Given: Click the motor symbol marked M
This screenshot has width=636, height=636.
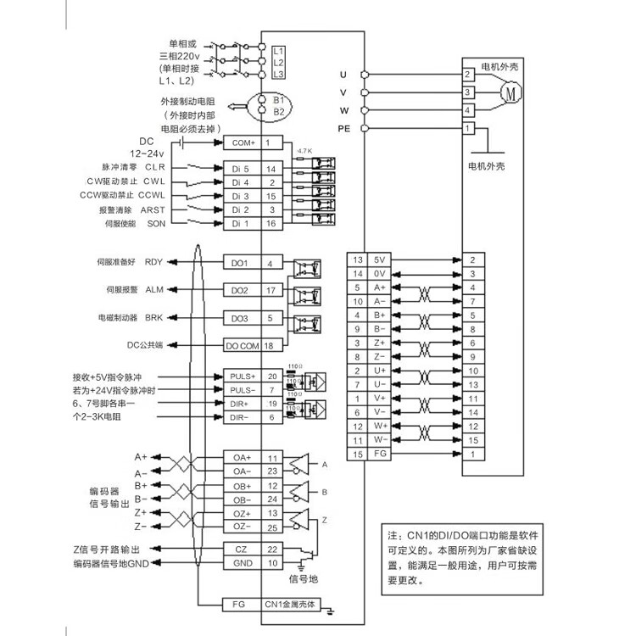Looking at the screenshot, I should (509, 92).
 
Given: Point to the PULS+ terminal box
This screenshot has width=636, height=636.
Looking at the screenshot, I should (241, 375).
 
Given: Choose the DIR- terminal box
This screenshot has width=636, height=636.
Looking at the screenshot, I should (241, 417).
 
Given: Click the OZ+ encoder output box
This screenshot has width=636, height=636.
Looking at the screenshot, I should (241, 513).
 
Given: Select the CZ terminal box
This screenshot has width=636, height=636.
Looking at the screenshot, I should (241, 550).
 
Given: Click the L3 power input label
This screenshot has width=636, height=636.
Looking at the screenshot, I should (278, 75).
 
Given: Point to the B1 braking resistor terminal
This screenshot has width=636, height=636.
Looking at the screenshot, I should (278, 100).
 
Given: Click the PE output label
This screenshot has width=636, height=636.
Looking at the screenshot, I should (343, 128).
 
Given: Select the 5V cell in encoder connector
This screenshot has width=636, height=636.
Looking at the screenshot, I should (378, 259).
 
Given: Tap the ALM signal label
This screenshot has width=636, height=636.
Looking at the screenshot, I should (153, 290).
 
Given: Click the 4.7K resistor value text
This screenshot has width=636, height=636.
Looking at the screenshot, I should (303, 152).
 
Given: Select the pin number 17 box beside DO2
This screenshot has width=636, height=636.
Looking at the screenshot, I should (271, 291).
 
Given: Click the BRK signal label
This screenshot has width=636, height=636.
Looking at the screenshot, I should (153, 318).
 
